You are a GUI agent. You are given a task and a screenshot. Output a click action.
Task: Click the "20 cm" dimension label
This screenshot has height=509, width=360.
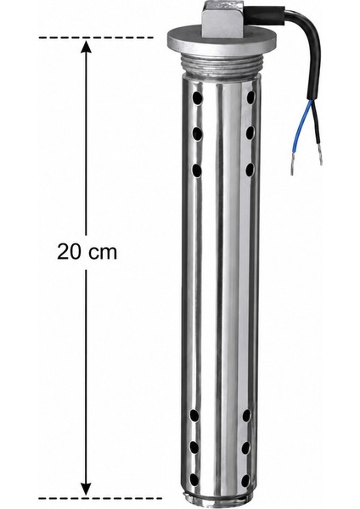coord(87,252)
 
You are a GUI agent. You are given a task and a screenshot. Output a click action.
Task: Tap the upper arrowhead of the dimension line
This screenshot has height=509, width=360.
coord(86,46)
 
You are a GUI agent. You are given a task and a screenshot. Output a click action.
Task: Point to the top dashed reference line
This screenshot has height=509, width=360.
coord(96,37)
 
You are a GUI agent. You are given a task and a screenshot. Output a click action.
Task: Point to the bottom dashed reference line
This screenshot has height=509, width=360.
coord(100,498)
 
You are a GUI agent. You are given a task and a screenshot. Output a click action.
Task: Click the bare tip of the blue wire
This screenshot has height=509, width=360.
coord(292,168)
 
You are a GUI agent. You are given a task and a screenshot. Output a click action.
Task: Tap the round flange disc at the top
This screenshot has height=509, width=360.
coord(222,42)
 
